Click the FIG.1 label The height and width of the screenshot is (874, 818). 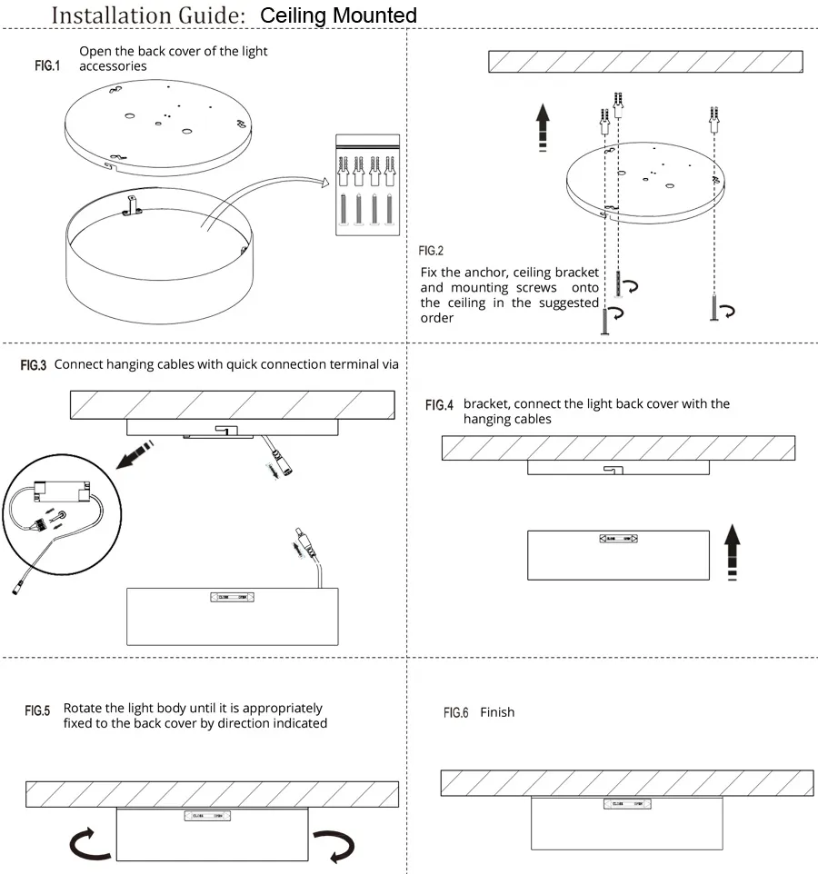pos(46,66)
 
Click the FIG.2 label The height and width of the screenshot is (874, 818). pos(431,251)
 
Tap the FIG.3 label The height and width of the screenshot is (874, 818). pos(34,365)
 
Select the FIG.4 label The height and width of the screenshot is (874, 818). pos(439,405)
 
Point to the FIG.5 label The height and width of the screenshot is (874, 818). pos(37,710)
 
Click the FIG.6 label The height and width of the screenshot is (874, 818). pos(455,713)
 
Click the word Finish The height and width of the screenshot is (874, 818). pos(497,713)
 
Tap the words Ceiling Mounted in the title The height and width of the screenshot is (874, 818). pos(338,15)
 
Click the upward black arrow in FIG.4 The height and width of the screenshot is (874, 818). pos(731,550)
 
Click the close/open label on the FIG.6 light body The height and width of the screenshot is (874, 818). pos(628,804)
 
